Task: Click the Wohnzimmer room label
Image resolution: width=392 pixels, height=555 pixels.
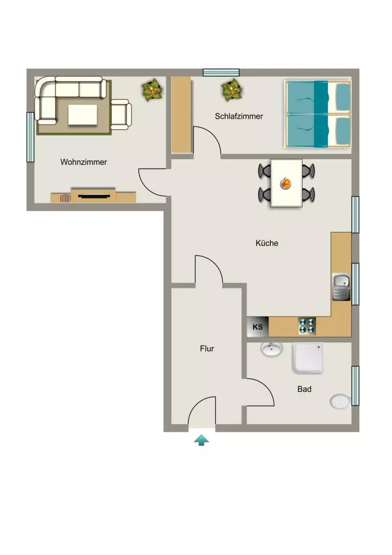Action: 83,162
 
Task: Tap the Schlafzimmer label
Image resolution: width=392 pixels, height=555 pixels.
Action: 239,116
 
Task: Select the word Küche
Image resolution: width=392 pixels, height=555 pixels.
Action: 267,243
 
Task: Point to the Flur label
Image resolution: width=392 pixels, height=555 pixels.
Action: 207,349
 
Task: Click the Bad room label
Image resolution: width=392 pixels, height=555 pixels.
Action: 304,389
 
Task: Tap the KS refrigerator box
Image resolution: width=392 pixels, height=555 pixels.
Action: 258,326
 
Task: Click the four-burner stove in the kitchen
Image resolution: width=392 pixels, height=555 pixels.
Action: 307,326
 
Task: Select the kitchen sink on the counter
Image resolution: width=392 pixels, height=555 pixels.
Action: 342,287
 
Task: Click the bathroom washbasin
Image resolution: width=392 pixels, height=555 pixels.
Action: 272,349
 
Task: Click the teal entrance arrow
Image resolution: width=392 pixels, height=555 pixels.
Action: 202,440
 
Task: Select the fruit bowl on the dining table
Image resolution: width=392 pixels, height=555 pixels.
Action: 285,183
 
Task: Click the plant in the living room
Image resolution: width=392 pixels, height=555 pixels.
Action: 153,91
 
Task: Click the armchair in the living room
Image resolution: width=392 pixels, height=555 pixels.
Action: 121,114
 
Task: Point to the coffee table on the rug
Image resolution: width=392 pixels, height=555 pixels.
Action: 82,114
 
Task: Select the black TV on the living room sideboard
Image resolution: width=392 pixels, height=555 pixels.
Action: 94,196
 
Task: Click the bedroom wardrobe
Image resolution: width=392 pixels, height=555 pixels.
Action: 182,115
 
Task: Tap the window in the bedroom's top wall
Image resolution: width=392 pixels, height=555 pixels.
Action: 221,73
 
